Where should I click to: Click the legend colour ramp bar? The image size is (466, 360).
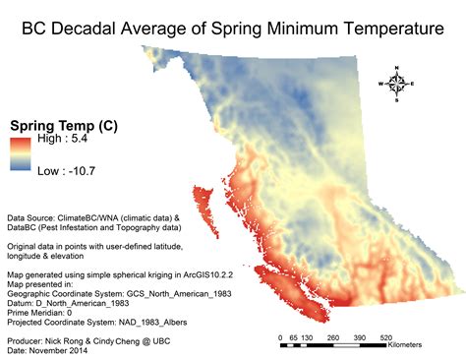[20, 155]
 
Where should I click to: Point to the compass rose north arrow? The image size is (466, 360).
[396, 85]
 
